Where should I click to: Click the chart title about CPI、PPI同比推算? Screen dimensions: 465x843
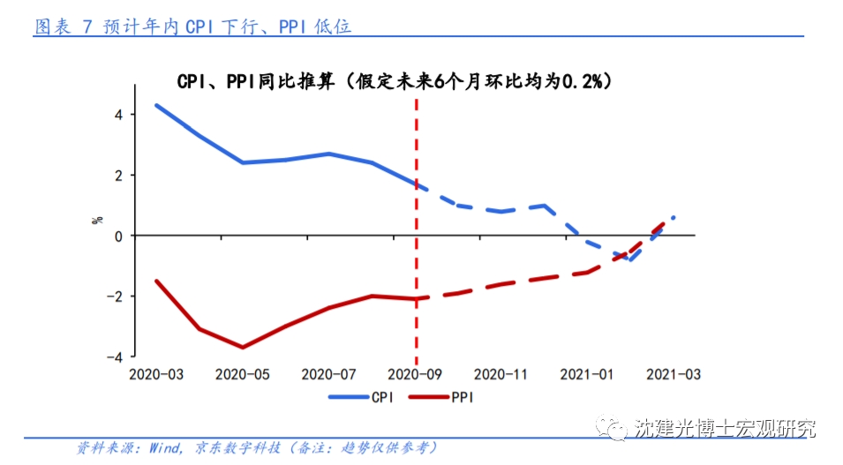394,81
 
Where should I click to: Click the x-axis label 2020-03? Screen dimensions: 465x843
156,374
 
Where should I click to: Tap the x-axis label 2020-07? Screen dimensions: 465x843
328,374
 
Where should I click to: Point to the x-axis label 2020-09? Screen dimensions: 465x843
415,374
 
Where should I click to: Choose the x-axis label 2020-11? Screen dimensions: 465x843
501,374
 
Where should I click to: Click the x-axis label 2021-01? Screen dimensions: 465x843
587,374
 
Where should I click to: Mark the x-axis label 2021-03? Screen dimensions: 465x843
674,374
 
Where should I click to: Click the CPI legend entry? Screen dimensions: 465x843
363,397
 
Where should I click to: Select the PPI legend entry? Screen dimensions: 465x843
442,397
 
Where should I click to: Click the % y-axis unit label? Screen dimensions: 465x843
97,219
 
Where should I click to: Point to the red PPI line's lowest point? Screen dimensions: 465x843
243,348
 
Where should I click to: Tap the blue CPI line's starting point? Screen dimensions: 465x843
156,105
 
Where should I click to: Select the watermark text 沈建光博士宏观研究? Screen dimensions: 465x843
725,429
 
